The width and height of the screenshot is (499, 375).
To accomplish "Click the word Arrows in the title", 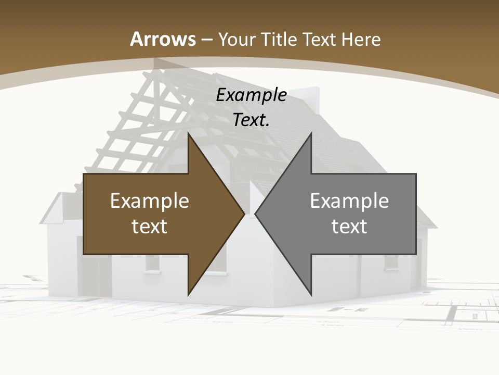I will point(163,39).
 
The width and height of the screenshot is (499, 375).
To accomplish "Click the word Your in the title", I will point(236,39).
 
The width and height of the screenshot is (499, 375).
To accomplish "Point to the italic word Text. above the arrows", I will point(251,120).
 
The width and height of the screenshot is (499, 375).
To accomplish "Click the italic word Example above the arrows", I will point(251,95).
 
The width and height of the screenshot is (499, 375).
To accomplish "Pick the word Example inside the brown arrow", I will point(150,201).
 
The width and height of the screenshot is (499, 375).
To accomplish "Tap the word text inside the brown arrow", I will point(150,227).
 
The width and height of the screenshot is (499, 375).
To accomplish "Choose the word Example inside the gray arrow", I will point(349,201).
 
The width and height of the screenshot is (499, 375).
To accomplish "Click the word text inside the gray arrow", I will point(349,227).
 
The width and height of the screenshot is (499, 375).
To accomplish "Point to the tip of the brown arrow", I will point(243,214).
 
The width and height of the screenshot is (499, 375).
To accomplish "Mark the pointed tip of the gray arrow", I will point(256,214).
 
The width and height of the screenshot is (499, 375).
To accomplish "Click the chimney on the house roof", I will point(311,99).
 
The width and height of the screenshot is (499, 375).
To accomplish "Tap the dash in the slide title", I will point(206,40).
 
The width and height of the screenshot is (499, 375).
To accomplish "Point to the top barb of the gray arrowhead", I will point(310,136).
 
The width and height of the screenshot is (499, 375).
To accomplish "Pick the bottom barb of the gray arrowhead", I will point(310,292).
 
